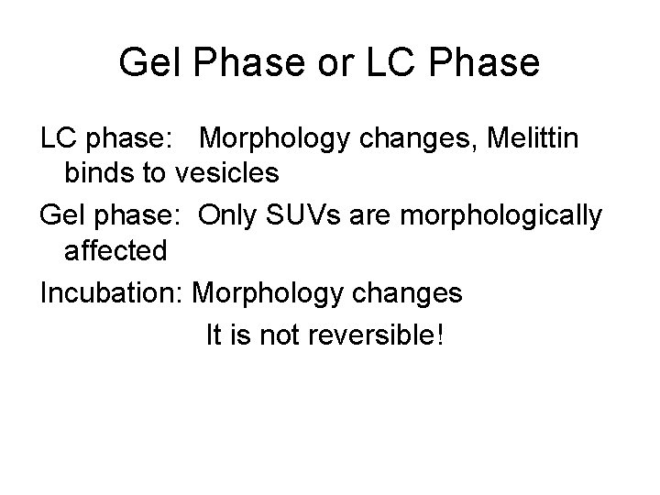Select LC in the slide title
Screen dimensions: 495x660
(x=393, y=63)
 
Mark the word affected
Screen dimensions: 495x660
(x=116, y=250)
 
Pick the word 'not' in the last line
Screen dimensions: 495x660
(x=282, y=336)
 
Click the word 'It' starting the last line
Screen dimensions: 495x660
(x=213, y=336)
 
